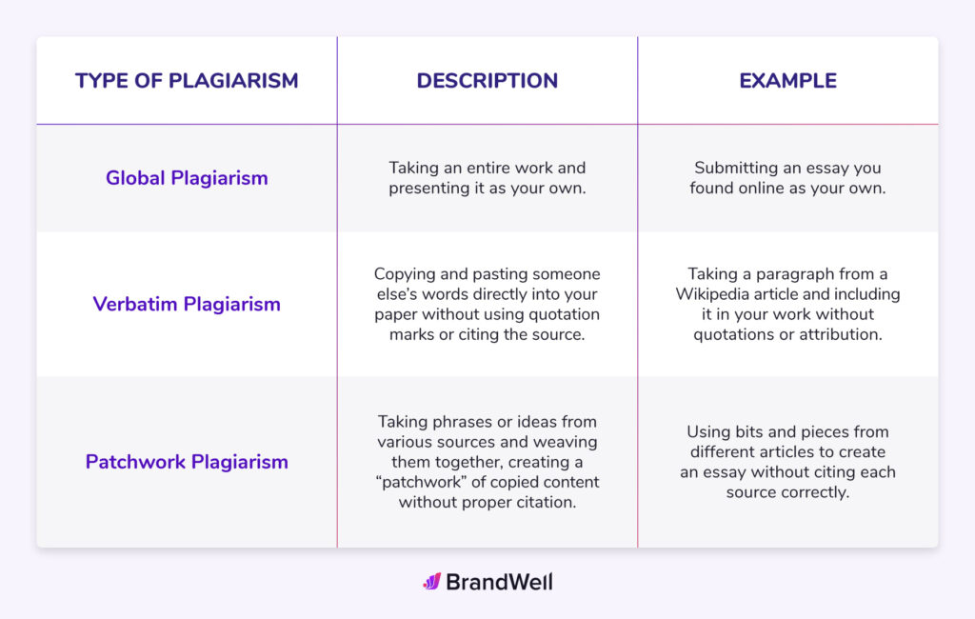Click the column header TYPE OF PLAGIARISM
tap(187, 81)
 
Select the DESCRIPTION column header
tap(487, 81)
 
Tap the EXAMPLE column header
tap(787, 81)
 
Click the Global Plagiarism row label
tap(187, 178)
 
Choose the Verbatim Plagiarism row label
tap(187, 305)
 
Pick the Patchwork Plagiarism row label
tap(187, 462)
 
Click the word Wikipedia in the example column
tap(713, 294)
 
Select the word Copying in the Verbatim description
tap(404, 274)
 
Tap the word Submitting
tap(734, 168)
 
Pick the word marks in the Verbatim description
tap(412, 334)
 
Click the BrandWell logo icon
tap(431, 581)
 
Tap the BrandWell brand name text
tap(499, 582)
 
